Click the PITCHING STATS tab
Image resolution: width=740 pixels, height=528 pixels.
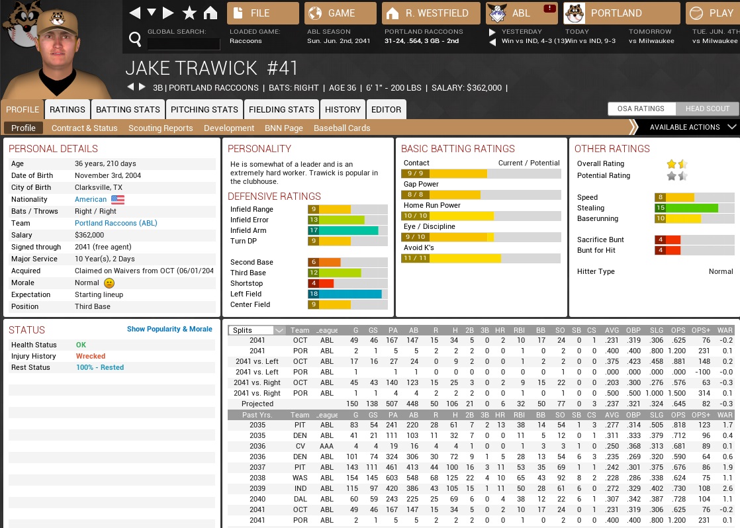[x=205, y=109]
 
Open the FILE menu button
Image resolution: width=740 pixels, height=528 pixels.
[x=263, y=13]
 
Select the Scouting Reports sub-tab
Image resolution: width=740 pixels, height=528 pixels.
[x=161, y=128]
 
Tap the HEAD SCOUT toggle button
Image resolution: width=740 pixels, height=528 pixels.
[x=707, y=109]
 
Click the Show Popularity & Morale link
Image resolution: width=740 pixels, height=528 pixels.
[x=169, y=329]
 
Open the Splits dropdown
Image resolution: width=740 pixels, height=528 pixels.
[x=257, y=330]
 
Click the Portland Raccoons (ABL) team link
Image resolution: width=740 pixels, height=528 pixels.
[x=116, y=223]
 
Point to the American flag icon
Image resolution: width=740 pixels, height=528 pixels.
[x=118, y=199]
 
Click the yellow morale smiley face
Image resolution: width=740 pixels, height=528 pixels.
[x=109, y=283]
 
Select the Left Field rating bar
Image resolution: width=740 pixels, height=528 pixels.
[x=347, y=294]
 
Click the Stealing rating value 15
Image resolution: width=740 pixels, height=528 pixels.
[x=660, y=208]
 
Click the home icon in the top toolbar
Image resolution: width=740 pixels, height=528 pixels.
[x=210, y=13]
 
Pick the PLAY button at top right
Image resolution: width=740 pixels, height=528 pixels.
[x=713, y=13]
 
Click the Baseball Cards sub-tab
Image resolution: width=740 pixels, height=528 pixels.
[x=342, y=128]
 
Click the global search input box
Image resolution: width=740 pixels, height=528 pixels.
[x=183, y=44]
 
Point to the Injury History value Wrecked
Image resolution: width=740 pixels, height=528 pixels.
[x=91, y=356]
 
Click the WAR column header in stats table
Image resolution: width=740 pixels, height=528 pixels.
[x=725, y=330]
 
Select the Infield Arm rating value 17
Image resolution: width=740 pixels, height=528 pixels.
[x=314, y=230]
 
